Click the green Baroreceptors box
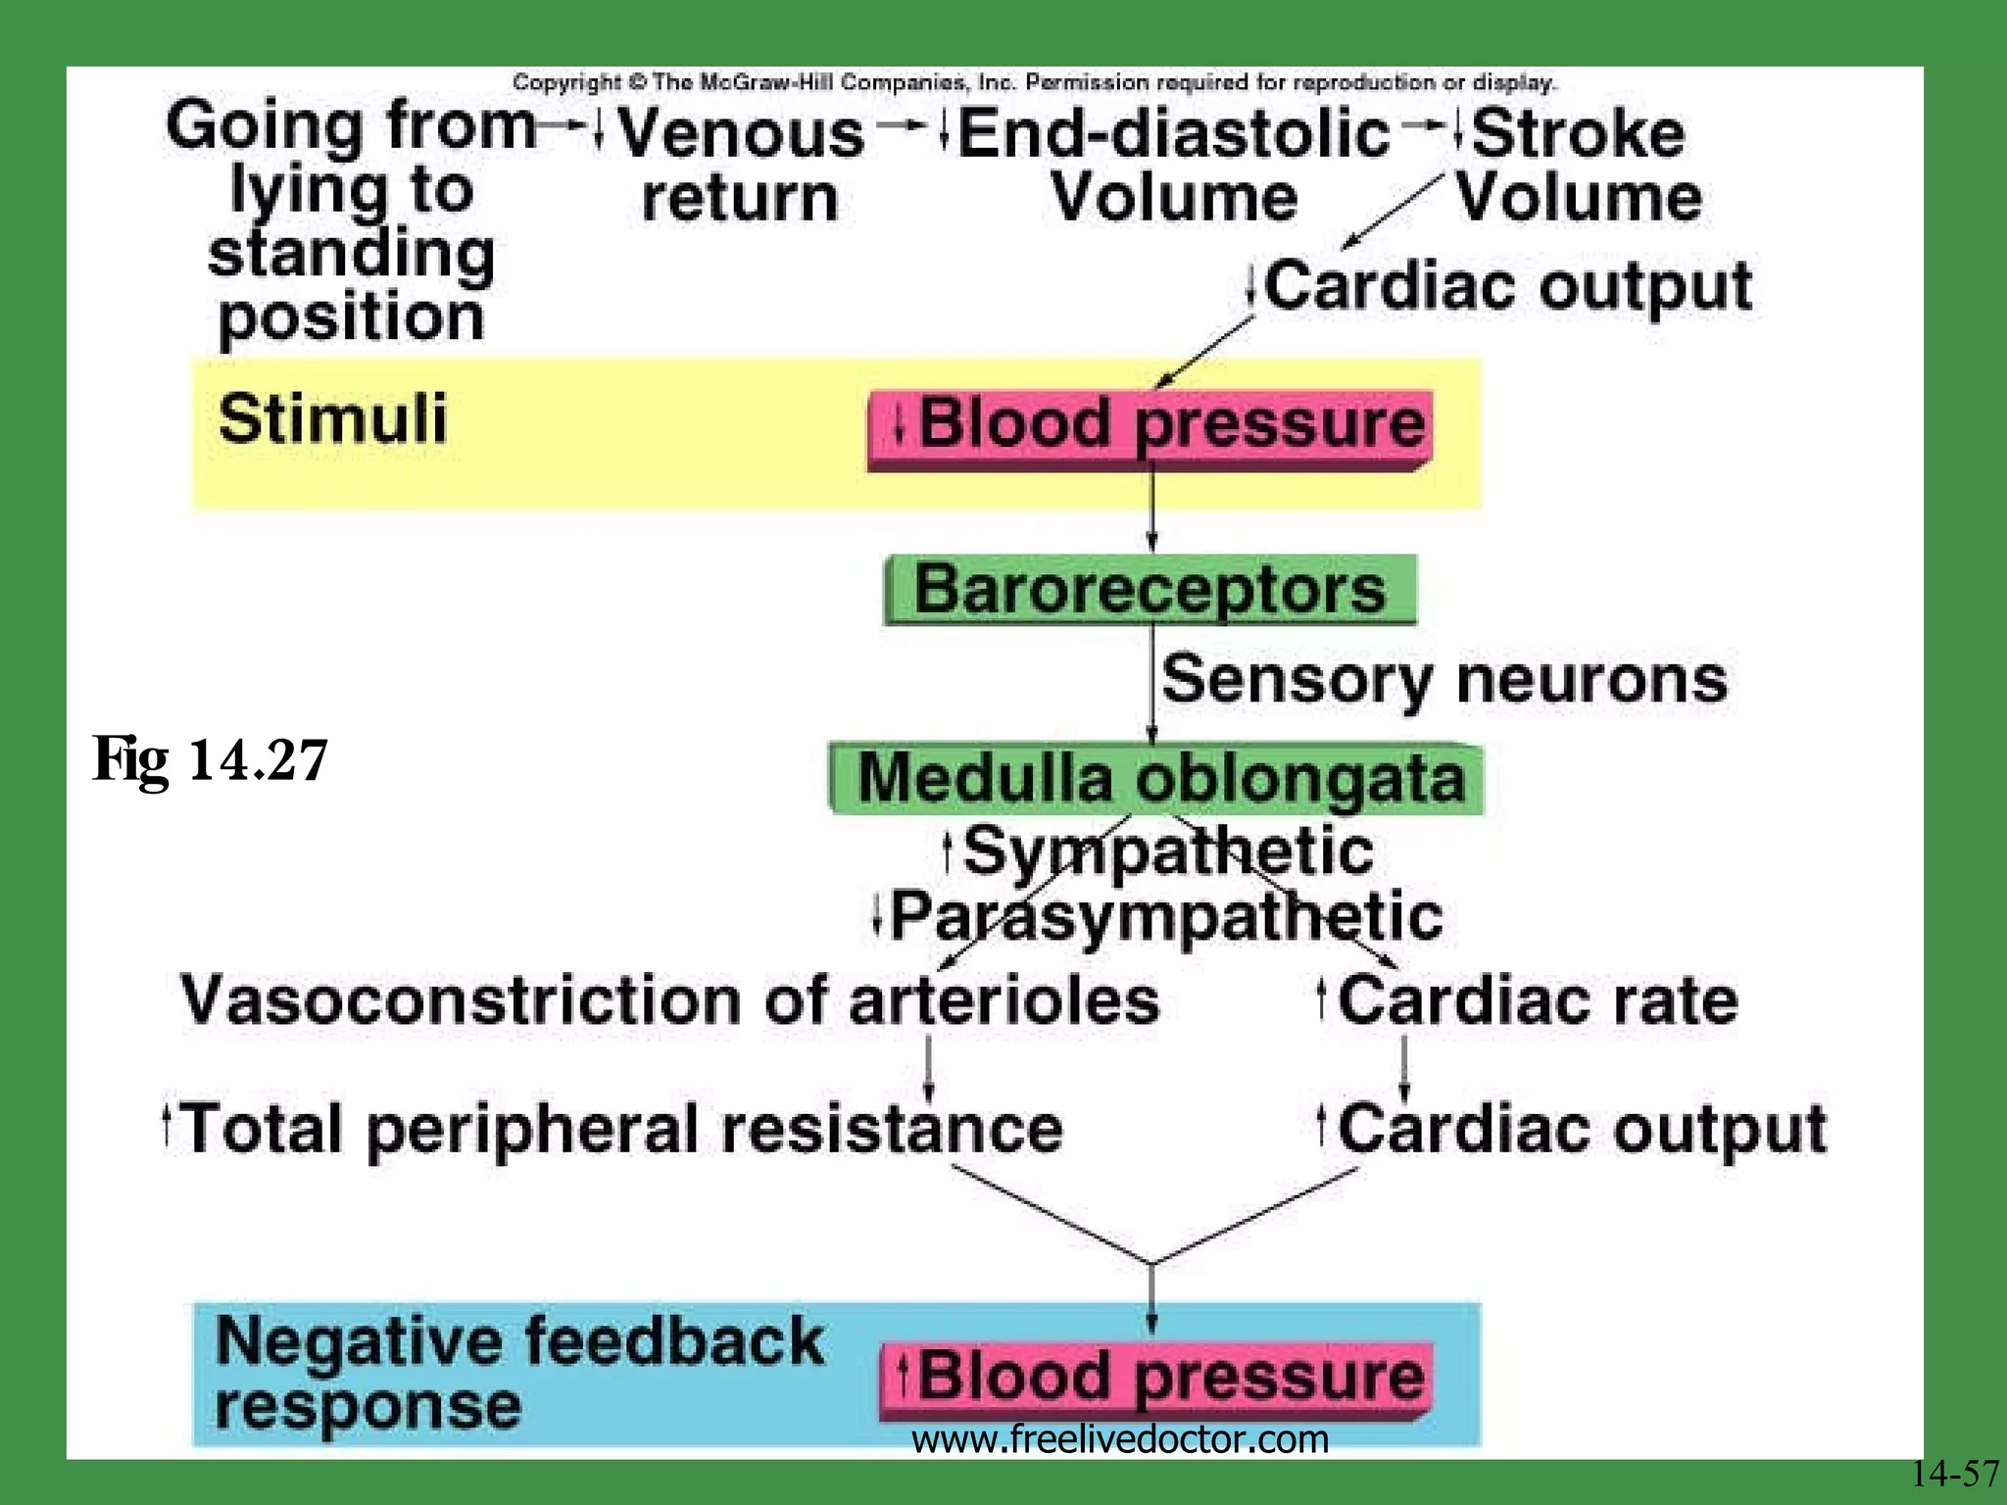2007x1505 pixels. [1150, 590]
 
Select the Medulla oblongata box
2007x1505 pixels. [1156, 779]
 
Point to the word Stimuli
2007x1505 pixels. [332, 419]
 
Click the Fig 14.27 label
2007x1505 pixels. [210, 760]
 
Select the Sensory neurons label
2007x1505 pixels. [1444, 679]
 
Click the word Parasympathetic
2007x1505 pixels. [1166, 917]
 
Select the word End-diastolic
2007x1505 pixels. [1173, 134]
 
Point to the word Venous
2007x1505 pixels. [741, 134]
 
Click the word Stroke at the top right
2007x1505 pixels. [1578, 134]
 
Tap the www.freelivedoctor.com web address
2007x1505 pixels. [1119, 1439]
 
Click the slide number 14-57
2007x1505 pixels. [1953, 1473]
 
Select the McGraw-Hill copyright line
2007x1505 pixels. [1033, 82]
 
